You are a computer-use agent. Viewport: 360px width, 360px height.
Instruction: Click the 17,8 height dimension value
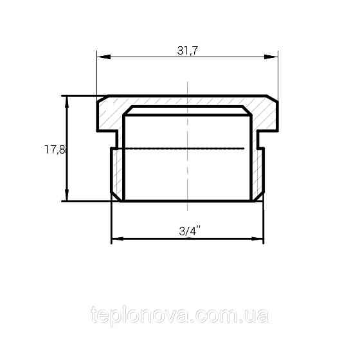tap(53, 150)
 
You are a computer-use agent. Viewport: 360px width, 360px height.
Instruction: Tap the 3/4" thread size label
tap(188, 232)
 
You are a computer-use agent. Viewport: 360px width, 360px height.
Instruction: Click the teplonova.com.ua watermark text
tap(180, 316)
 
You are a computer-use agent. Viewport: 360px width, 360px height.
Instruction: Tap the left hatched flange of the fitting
tap(109, 116)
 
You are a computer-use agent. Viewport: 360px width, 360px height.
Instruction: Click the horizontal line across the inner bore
tap(186, 149)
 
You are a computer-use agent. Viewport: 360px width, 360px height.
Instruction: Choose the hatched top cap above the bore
tap(187, 102)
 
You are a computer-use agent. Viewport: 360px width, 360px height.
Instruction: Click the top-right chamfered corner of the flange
tap(274, 100)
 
